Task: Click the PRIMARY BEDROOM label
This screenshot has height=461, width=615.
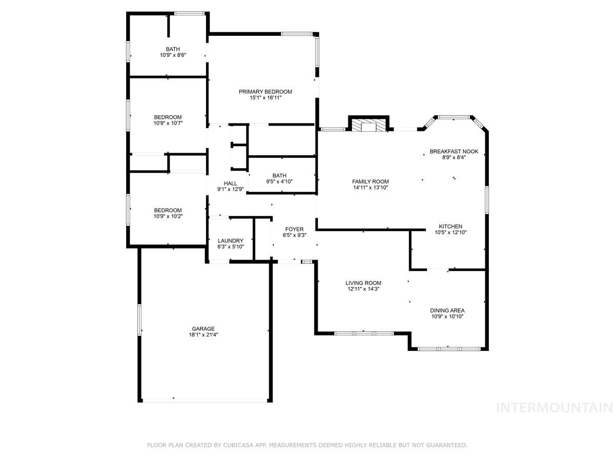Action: (265, 92)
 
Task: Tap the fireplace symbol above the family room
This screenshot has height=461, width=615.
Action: (368, 126)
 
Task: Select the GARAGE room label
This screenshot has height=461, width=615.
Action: (203, 329)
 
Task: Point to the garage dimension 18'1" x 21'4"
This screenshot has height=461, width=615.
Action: (203, 334)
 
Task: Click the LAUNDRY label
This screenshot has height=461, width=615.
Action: (231, 241)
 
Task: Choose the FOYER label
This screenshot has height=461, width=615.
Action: (294, 229)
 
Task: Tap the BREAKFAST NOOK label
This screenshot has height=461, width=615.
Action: (454, 152)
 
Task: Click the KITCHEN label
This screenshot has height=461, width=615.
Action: (450, 226)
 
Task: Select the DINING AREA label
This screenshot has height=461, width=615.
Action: (447, 310)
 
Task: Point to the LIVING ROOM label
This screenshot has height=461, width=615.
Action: (363, 283)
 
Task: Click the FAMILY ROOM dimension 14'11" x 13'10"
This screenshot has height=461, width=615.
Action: (371, 187)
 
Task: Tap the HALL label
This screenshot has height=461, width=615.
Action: (231, 183)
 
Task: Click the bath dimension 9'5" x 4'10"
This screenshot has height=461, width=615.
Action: (279, 181)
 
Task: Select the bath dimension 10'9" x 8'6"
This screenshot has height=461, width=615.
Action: (173, 55)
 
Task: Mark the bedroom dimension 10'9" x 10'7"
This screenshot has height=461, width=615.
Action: (168, 123)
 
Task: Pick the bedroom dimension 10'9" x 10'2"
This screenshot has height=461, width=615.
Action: (168, 216)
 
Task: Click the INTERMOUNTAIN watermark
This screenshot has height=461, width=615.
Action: (555, 408)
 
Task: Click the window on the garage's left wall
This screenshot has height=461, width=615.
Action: (139, 320)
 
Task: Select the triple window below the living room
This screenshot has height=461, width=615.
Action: (364, 333)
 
